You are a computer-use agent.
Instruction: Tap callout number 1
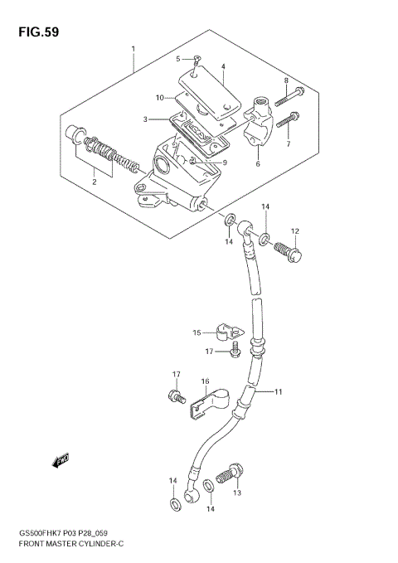[x=133, y=49]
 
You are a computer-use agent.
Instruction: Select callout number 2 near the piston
[x=94, y=180]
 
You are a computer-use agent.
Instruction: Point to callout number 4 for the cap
[x=222, y=66]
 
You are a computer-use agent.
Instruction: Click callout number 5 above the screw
[x=177, y=58]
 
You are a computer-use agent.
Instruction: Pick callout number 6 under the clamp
[x=257, y=164]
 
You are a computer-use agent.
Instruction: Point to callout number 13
[x=236, y=493]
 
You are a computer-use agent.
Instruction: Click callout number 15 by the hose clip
[x=197, y=333]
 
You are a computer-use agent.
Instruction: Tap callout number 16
[x=204, y=381]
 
